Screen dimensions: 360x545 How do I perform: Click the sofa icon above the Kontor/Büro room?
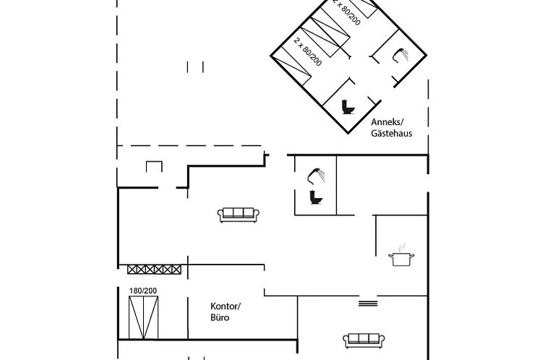tap(239, 213)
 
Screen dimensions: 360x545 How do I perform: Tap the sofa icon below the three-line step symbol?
tap(362, 339)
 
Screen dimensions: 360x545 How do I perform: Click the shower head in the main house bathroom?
tap(317, 175)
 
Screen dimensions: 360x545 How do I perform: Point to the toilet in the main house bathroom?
tap(316, 197)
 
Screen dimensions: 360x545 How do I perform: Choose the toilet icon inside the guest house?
tap(348, 107)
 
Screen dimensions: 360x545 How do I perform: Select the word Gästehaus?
tap(391, 134)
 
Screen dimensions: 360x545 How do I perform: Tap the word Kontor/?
tap(226, 306)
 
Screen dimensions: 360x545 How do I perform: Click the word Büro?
tap(220, 317)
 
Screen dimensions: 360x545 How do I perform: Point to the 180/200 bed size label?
tap(143, 291)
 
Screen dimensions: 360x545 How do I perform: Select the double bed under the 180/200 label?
tap(143, 317)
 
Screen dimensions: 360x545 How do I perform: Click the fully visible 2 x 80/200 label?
tap(308, 52)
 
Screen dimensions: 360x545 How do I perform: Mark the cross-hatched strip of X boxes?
tap(154, 269)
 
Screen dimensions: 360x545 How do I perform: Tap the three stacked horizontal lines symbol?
tap(368, 304)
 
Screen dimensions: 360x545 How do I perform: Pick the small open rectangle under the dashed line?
tap(154, 167)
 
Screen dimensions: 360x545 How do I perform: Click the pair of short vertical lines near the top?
tap(195, 67)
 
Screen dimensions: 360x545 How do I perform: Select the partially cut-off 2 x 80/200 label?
tap(346, 12)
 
